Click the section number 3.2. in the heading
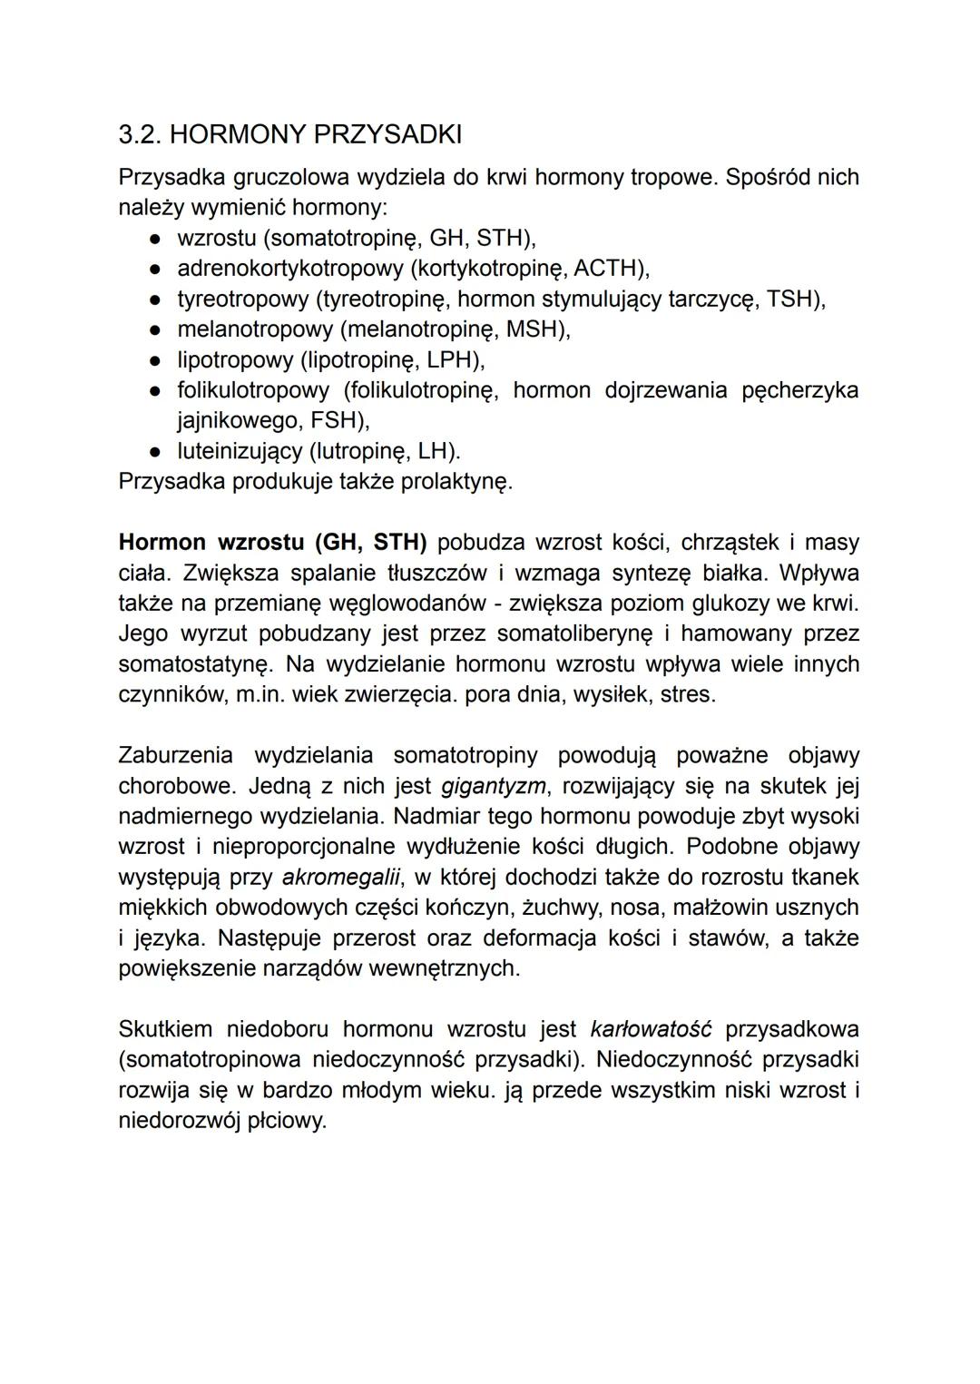pyautogui.click(x=141, y=135)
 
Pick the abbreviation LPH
pyautogui.click(x=451, y=360)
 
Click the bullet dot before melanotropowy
pyautogui.click(x=156, y=329)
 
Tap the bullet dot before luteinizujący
pyautogui.click(x=156, y=451)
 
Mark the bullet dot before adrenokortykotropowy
pyautogui.click(x=156, y=269)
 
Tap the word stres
pyautogui.click(x=689, y=695)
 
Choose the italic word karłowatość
pyautogui.click(x=651, y=1030)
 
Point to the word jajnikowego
pyautogui.click(x=236, y=421)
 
